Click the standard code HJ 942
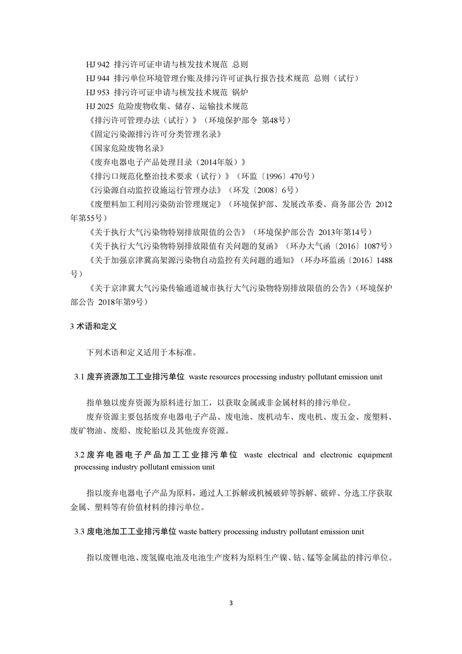[x=97, y=65]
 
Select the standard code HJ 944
[x=97, y=79]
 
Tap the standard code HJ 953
[x=97, y=93]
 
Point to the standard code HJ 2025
[x=99, y=106]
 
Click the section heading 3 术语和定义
[x=93, y=327]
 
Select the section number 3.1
[x=79, y=377]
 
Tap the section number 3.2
[x=79, y=455]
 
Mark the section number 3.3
[x=79, y=532]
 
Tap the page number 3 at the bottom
[x=231, y=603]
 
